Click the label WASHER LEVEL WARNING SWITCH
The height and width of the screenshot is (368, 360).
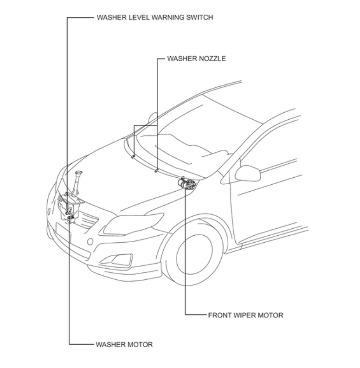154,18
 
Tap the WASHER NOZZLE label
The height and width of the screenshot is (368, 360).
196,59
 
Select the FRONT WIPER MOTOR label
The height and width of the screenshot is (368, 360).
245,315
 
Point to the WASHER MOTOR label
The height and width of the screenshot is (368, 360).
124,344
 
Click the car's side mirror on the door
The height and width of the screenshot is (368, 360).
248,173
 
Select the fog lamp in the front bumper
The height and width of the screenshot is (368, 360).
122,260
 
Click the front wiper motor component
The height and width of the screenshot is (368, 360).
187,183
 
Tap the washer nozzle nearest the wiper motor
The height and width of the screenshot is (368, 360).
156,170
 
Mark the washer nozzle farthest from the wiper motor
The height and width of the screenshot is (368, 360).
133,156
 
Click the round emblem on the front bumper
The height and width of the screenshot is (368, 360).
90,241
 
